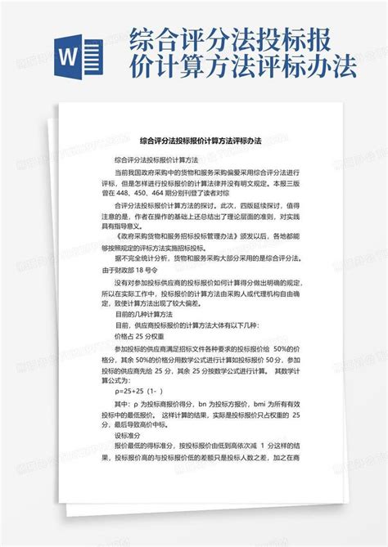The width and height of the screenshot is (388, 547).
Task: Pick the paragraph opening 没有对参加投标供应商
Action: [x=164, y=280]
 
